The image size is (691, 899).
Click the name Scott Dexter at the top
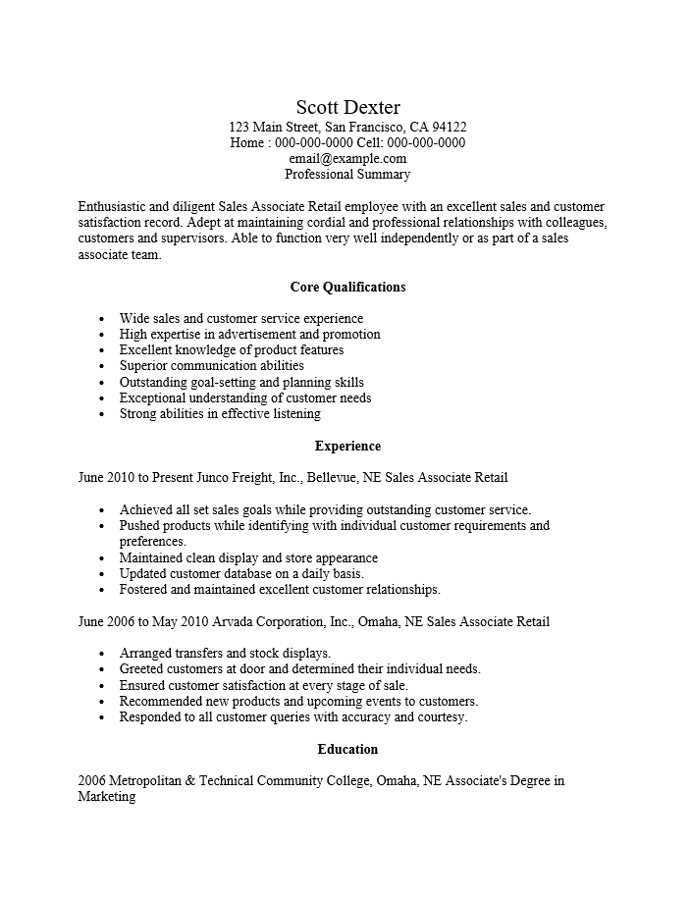(x=347, y=107)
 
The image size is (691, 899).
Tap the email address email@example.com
(x=347, y=158)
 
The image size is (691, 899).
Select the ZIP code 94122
(x=449, y=127)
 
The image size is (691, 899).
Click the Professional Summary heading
(x=347, y=174)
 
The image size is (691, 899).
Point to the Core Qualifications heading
(x=347, y=287)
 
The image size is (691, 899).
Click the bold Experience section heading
(x=347, y=446)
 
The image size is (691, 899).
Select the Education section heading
(x=347, y=749)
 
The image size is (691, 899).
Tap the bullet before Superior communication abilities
(x=103, y=366)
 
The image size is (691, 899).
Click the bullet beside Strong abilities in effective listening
(x=103, y=414)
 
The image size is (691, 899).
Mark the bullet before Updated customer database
(x=103, y=574)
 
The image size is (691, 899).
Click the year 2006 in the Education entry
(x=91, y=781)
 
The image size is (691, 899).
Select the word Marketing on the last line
(x=106, y=797)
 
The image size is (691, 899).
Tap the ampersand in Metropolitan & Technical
(x=189, y=781)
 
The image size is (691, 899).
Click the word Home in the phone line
(x=246, y=142)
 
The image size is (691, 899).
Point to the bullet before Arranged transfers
(x=103, y=654)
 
